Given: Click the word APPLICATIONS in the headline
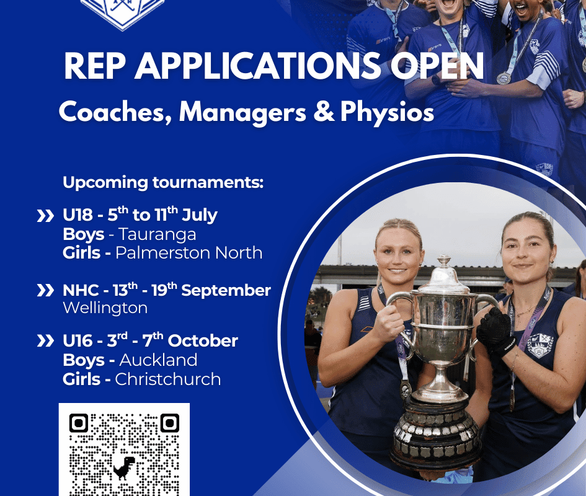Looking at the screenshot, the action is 257,66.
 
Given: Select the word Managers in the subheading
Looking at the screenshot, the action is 242,112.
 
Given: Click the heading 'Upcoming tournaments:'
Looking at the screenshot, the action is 163,183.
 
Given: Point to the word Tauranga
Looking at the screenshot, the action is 158,235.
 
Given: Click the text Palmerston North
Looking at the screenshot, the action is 189,253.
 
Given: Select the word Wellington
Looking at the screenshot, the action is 105,308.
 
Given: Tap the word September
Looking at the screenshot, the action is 226,291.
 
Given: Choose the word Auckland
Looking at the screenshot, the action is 158,360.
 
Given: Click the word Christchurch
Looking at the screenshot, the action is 168,379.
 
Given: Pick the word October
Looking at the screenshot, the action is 203,341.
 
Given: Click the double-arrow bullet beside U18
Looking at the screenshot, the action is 45,216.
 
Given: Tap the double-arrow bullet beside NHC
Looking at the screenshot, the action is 45,290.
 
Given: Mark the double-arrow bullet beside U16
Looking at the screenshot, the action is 45,341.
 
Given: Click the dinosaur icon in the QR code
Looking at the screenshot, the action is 124,467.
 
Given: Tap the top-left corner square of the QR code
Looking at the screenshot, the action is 79,423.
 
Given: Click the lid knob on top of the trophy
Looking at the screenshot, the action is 444,260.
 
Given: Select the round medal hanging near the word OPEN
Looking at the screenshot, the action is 504,79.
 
